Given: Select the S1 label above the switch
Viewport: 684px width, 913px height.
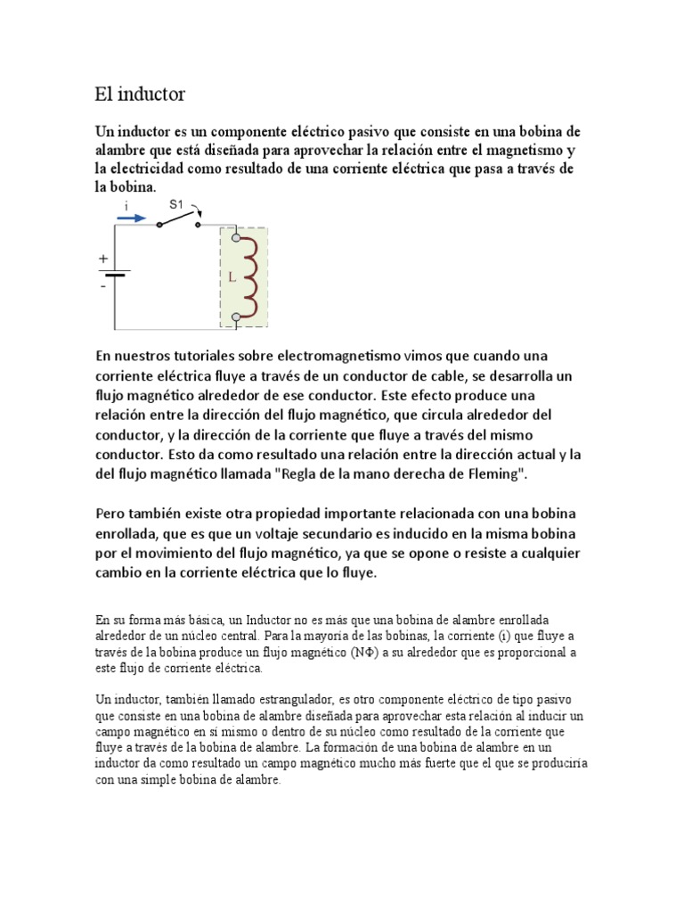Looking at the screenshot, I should [176, 204].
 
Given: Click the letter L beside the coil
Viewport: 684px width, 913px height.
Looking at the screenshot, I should [232, 277].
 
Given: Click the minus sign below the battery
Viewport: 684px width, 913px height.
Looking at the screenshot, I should [103, 287].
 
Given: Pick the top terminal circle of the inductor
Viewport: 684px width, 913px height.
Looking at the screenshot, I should [236, 237].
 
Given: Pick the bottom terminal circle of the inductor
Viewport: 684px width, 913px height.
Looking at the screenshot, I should [236, 317].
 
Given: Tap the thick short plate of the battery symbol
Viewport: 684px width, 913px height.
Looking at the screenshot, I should [114, 276].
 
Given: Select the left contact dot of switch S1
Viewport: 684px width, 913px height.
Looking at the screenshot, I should [159, 226].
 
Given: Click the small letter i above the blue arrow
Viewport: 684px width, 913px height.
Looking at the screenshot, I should [126, 206].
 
